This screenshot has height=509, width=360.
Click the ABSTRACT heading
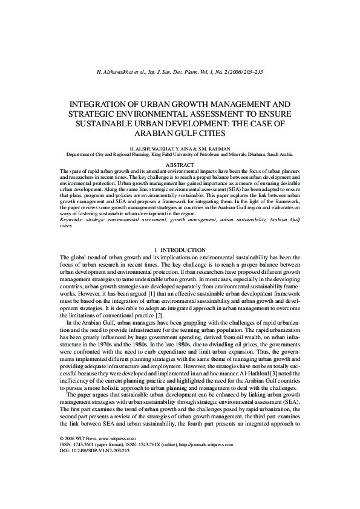[180, 165]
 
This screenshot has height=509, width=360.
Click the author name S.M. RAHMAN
[212, 148]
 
